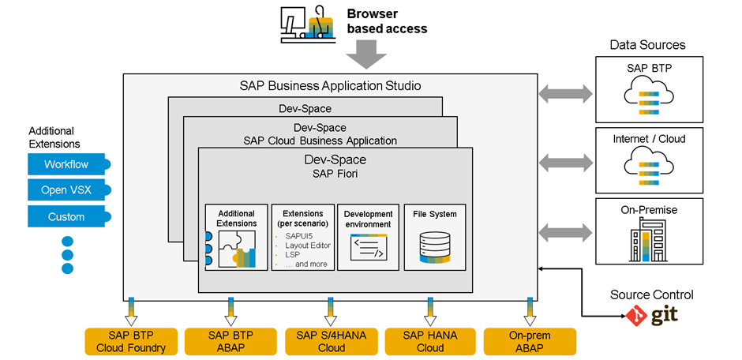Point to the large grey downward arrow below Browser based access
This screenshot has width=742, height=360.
click(366, 54)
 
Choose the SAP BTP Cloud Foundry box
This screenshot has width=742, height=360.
click(131, 342)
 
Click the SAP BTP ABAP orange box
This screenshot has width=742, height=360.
click(230, 342)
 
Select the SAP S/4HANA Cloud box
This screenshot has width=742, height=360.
click(332, 342)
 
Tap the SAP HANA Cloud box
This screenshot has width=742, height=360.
click(431, 342)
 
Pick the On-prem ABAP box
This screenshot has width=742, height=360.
click(530, 342)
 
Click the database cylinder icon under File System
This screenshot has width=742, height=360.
click(434, 246)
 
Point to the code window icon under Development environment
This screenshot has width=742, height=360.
click(369, 247)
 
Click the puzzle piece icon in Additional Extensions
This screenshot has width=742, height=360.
click(237, 249)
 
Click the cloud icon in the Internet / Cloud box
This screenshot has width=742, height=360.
click(649, 167)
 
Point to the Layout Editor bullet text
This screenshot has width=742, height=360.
click(308, 246)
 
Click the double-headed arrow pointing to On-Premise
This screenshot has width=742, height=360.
click(565, 232)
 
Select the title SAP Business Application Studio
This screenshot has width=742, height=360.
click(330, 86)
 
